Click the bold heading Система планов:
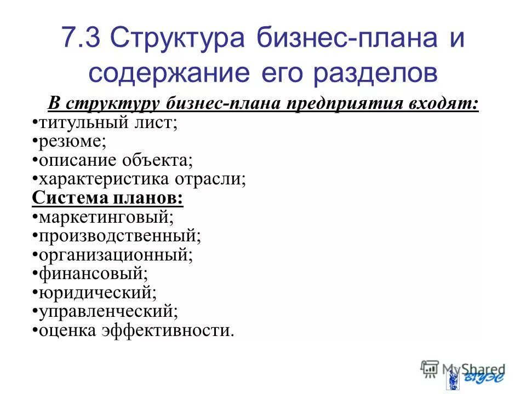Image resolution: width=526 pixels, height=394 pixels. (x=108, y=198)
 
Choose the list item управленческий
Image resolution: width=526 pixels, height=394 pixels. (x=107, y=312)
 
